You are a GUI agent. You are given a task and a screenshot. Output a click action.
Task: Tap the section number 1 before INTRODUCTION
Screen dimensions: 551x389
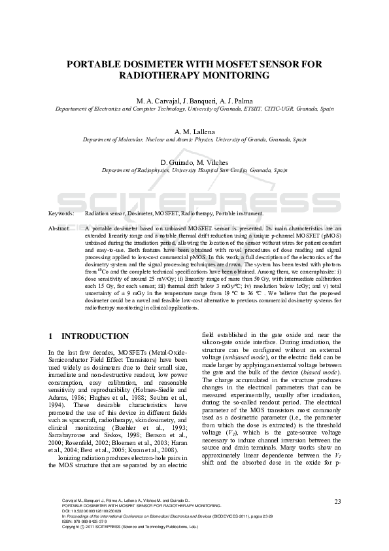point(51,336)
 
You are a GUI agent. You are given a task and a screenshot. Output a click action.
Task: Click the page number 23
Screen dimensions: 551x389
point(337,502)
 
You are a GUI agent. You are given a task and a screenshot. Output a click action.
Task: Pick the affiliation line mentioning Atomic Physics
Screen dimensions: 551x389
point(194,139)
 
